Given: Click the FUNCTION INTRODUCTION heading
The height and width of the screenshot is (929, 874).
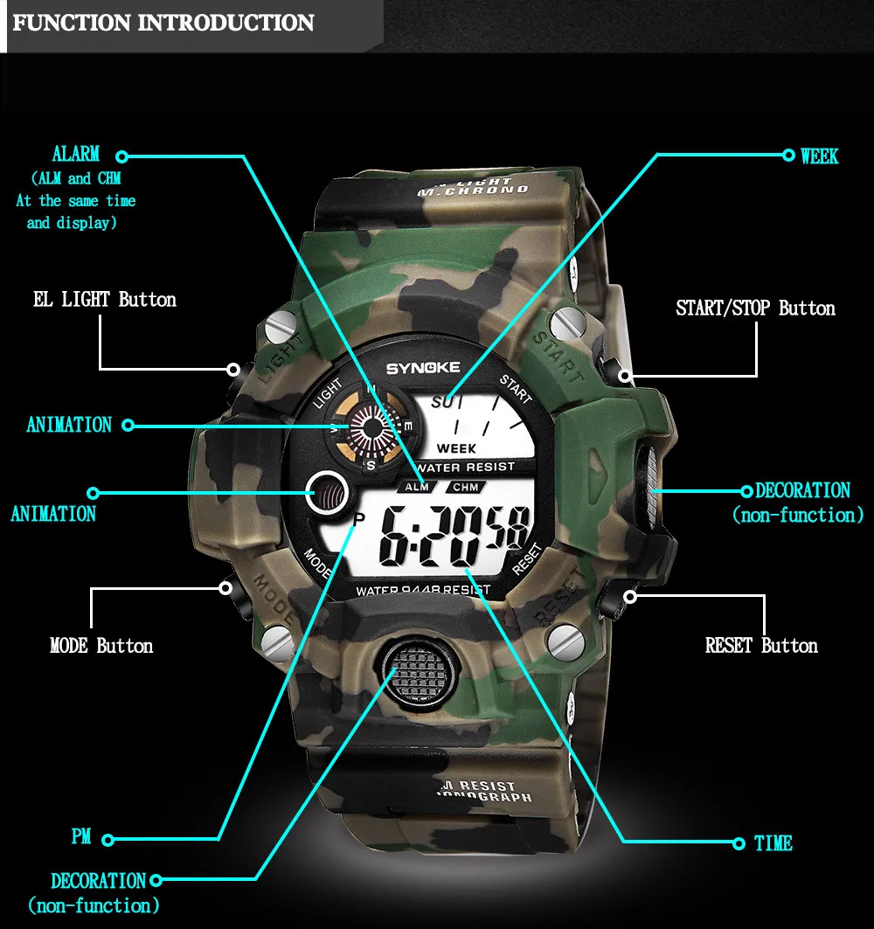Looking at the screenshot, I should click(163, 23).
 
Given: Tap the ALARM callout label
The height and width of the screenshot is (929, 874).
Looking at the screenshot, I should click(76, 155).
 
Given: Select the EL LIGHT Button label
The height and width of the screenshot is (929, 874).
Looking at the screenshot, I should click(105, 300).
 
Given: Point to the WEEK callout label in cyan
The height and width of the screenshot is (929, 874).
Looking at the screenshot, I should click(819, 156).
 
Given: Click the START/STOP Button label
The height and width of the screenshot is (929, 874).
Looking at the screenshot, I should click(755, 309).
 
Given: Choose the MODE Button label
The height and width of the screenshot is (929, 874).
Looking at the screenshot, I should click(101, 646).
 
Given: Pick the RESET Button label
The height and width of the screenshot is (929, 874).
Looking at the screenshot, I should click(761, 646).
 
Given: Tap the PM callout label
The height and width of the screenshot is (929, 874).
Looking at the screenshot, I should click(81, 837).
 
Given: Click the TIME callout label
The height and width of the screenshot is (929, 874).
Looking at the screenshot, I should click(773, 843).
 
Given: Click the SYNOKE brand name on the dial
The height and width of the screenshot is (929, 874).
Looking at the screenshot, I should click(423, 368).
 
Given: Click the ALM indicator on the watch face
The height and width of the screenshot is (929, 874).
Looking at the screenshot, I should click(417, 487).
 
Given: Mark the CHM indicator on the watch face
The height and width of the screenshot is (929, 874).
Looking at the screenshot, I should click(464, 487).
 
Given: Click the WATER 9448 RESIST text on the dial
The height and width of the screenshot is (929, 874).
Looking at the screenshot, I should click(423, 589).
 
